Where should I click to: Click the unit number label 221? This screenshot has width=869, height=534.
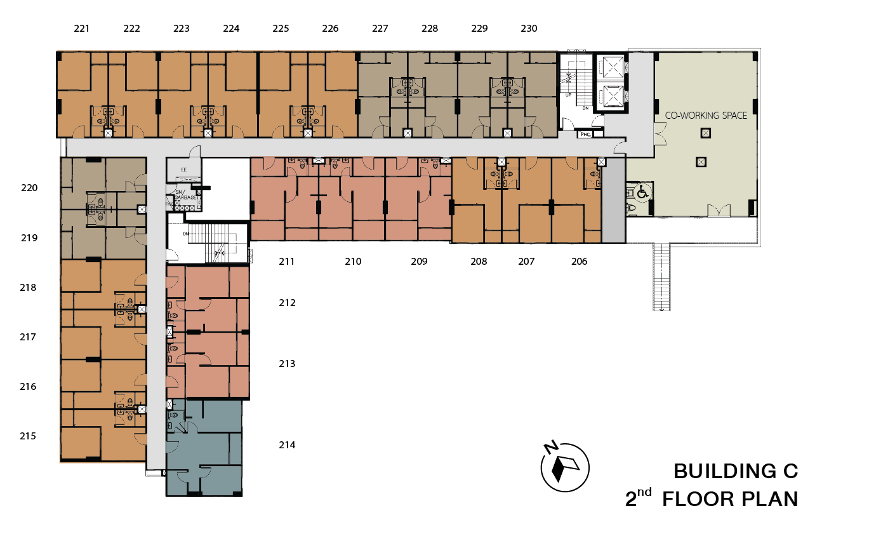click(x=81, y=29)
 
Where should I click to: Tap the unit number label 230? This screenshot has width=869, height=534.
click(x=529, y=29)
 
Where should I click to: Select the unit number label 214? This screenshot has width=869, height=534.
click(x=287, y=445)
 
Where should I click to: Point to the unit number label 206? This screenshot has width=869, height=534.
click(x=579, y=262)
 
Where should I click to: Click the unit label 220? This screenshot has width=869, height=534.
click(x=29, y=188)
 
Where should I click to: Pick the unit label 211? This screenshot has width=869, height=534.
click(x=286, y=262)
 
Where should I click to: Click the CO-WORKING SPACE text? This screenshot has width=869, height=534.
click(x=706, y=116)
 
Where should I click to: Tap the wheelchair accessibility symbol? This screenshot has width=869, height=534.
click(x=642, y=190)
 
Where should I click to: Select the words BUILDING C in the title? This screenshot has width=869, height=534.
click(x=735, y=471)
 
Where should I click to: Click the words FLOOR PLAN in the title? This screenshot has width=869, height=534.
click(x=730, y=499)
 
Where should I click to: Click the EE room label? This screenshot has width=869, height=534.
click(x=184, y=170)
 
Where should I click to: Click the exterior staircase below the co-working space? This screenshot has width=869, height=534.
click(x=661, y=276)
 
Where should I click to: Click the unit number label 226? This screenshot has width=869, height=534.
click(x=330, y=29)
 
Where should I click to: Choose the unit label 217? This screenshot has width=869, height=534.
click(x=28, y=337)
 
